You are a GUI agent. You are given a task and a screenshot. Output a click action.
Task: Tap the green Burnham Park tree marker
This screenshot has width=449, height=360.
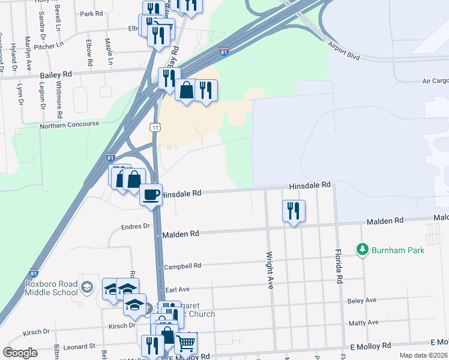click(362, 248)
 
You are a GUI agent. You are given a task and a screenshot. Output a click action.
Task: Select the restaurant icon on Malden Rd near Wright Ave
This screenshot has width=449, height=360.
click(294, 212)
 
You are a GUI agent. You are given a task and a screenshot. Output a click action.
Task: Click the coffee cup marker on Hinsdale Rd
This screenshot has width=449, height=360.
click(151, 195)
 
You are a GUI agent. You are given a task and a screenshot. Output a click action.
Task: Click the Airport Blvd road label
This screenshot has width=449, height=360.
click(343, 49)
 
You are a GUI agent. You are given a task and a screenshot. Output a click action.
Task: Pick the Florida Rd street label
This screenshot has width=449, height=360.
click(339, 266)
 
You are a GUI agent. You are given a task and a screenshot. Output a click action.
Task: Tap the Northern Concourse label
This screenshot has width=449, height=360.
click(69, 124)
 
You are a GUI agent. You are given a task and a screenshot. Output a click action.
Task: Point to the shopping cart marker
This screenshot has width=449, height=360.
click(186, 344)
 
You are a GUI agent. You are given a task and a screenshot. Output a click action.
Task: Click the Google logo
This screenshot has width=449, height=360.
click(20, 353)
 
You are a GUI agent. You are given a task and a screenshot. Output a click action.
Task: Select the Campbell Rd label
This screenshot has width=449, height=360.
click(182, 265)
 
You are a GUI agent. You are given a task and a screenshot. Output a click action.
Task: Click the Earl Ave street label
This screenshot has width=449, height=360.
click(178, 289)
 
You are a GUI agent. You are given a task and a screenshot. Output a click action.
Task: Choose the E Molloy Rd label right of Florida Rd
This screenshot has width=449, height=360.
click(370, 346)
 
